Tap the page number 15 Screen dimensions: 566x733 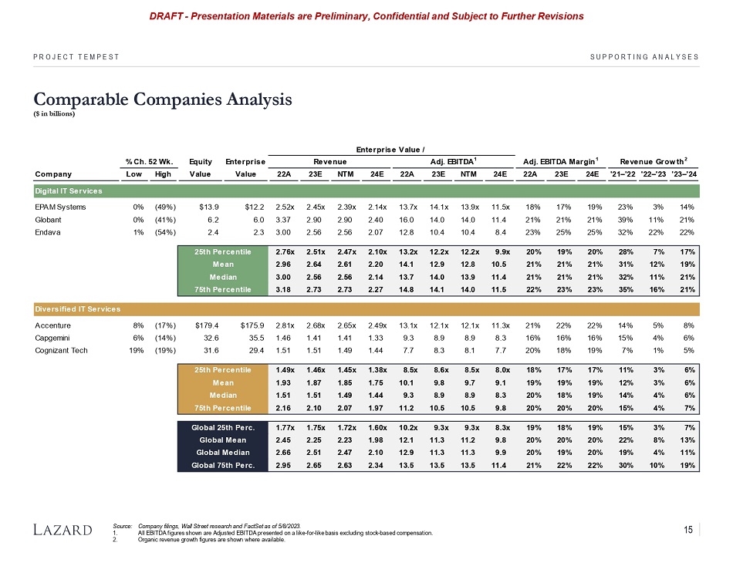(x=689, y=528)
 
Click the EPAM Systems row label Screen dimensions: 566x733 (x=61, y=207)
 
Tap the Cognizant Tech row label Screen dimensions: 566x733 (x=62, y=351)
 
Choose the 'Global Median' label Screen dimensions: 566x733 (x=225, y=451)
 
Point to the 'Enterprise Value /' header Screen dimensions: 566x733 (x=387, y=147)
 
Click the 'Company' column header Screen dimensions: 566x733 (x=53, y=174)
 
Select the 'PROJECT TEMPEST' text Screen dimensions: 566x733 (x=76, y=56)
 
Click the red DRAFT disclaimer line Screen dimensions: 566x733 (x=366, y=15)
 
